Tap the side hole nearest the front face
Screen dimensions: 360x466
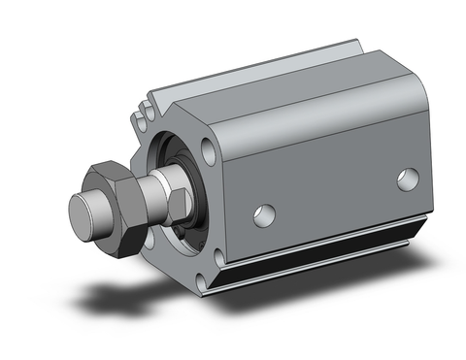pos(262,213)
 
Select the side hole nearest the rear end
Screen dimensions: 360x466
pos(409,179)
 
